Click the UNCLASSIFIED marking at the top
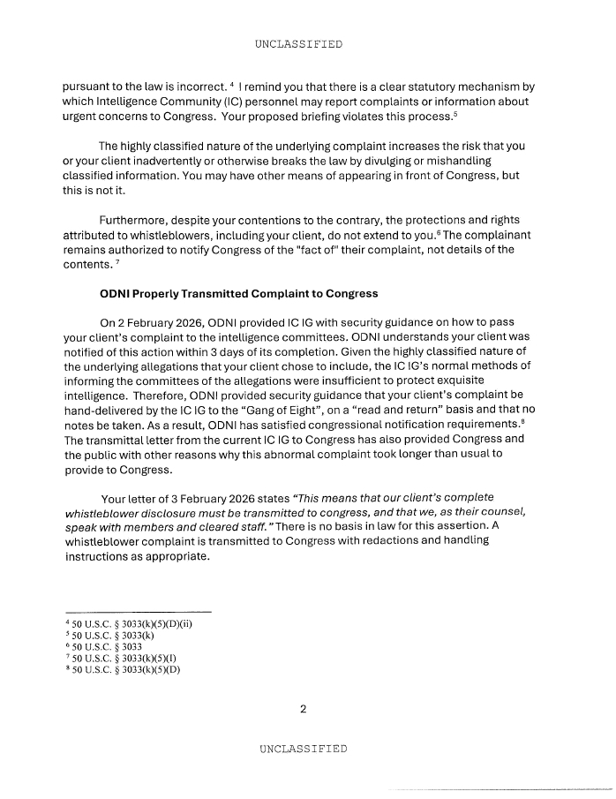(297, 43)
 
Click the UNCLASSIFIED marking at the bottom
(303, 749)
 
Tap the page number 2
(302, 708)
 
